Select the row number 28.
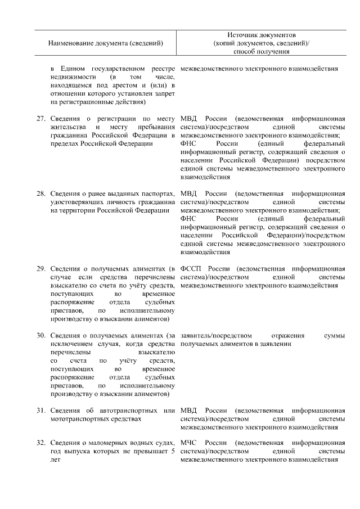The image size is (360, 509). tap(40, 194)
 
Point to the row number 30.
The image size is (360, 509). tap(40, 336)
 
